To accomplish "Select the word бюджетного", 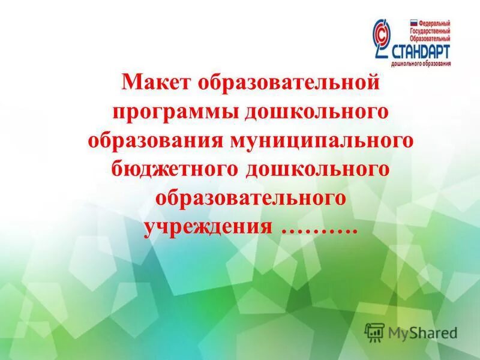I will (x=175, y=169).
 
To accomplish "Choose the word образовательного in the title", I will (x=251, y=199).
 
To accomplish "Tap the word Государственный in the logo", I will (x=426, y=29).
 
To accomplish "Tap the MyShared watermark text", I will (x=422, y=332).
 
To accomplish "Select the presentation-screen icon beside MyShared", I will (x=374, y=332).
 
